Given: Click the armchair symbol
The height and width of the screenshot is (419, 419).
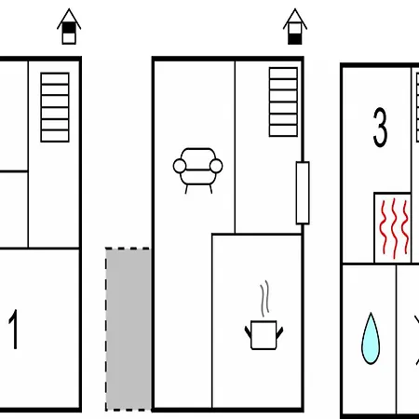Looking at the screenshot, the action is [x=197, y=170].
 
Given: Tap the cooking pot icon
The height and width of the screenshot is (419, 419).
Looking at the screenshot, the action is [x=264, y=334].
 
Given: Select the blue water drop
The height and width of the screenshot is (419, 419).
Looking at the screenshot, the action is [x=371, y=338].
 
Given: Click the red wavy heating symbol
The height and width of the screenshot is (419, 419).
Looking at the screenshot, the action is [x=394, y=228].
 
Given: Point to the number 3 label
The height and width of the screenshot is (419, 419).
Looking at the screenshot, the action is [x=380, y=128].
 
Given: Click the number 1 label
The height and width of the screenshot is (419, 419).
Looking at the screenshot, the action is [x=14, y=329].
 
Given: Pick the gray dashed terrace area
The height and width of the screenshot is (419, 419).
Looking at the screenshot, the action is [x=128, y=329].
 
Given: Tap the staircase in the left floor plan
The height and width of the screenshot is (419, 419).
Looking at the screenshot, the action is [x=55, y=107].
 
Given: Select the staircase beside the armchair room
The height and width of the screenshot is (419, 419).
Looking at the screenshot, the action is [x=283, y=102].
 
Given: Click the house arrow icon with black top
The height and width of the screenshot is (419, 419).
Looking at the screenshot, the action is [x=69, y=27].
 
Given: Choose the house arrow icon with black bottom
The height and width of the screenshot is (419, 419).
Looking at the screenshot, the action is [x=295, y=27].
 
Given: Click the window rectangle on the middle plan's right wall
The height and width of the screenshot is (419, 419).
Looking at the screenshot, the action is [x=303, y=193].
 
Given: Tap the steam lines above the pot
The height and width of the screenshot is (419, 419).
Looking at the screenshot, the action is [x=264, y=299].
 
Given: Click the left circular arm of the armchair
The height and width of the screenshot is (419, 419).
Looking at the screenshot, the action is [x=180, y=166].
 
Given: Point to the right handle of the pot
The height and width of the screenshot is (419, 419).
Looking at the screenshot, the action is [x=279, y=332].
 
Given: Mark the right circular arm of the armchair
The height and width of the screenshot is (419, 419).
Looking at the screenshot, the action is [x=216, y=166].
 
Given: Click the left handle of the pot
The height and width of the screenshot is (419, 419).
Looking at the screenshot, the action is [x=248, y=332].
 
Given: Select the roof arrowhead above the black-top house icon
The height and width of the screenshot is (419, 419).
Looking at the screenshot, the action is [x=69, y=19].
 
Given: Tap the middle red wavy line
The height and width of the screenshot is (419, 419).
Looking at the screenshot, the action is [x=394, y=228].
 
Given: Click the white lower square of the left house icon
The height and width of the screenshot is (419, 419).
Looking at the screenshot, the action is [x=69, y=38].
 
